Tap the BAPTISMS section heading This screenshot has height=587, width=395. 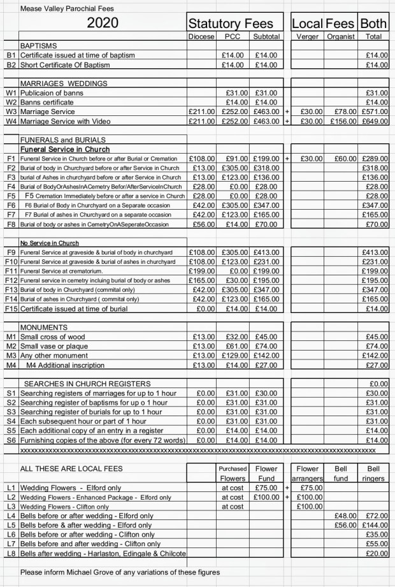(x=39, y=47)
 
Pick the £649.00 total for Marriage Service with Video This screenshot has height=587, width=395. (x=374, y=121)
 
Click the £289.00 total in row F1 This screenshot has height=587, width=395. (x=374, y=158)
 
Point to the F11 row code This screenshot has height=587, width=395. (x=10, y=272)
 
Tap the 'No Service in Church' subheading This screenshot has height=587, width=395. (x=48, y=243)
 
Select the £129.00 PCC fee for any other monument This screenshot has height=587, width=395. (x=234, y=356)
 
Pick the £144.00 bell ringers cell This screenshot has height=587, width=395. (x=375, y=525)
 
